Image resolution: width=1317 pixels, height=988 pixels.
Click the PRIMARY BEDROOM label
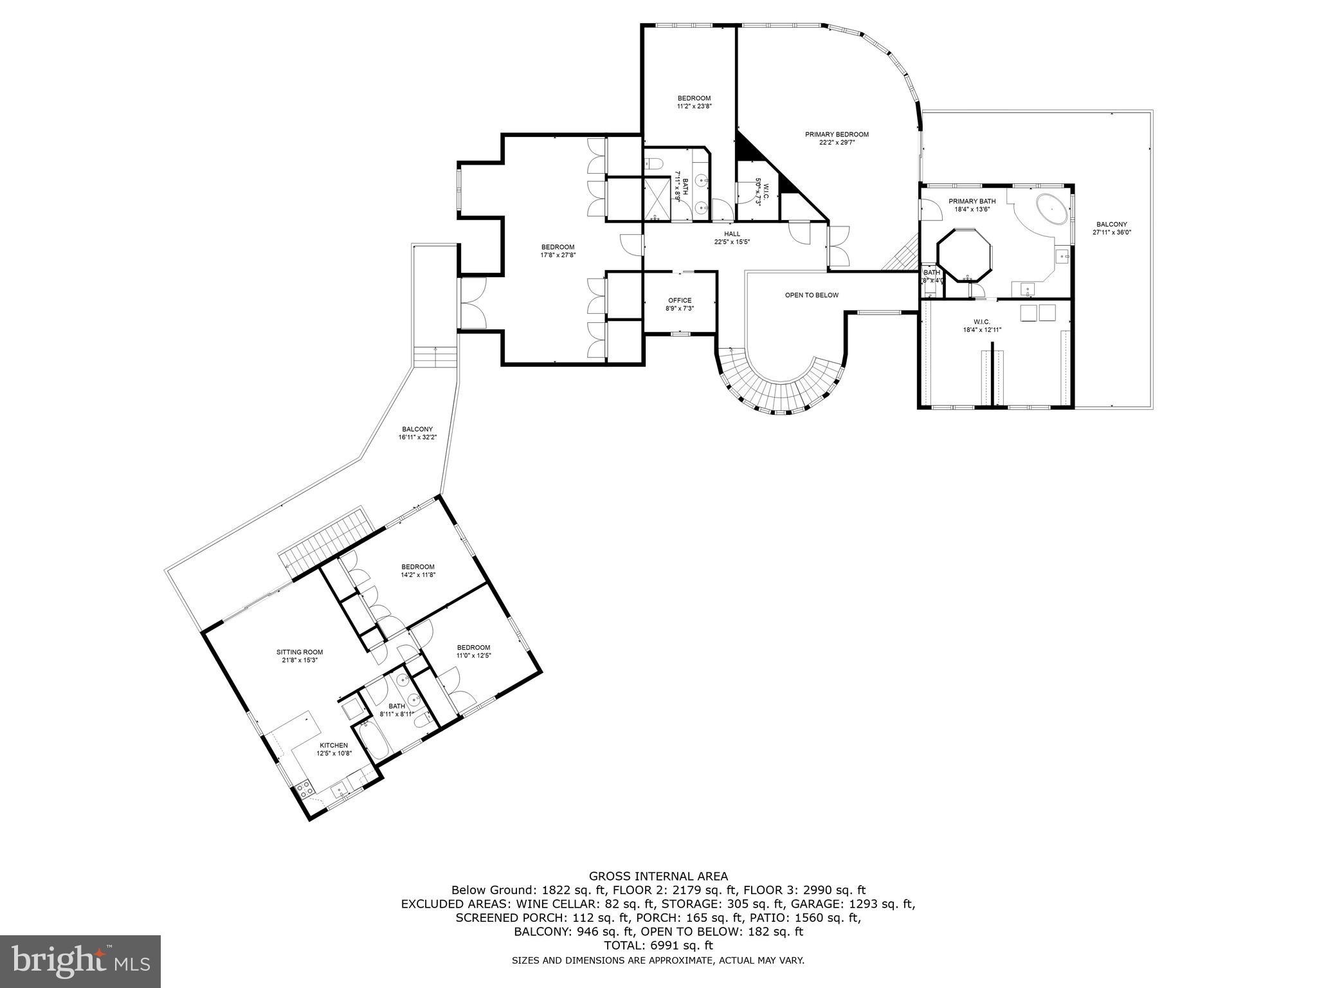tap(837, 134)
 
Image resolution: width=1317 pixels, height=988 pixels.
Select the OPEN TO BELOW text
tap(812, 295)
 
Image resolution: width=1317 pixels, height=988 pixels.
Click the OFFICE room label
tap(680, 300)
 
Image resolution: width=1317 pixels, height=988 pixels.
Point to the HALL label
tap(732, 234)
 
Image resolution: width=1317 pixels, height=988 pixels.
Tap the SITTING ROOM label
tap(300, 652)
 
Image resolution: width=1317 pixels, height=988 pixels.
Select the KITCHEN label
tap(334, 746)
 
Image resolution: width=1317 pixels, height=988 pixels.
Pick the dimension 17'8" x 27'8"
tap(558, 255)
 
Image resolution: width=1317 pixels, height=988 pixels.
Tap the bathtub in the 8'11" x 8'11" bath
tap(371, 742)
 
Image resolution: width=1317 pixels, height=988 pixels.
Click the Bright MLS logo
tap(80, 962)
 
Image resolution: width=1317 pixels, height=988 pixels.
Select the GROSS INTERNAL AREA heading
tap(658, 876)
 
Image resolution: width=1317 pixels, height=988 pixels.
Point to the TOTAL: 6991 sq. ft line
tap(658, 946)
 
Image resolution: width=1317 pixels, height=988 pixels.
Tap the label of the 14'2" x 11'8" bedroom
tap(418, 567)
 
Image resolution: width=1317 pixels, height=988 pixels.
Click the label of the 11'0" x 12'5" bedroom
tap(473, 648)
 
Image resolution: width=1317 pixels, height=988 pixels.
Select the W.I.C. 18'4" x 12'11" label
tap(982, 322)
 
